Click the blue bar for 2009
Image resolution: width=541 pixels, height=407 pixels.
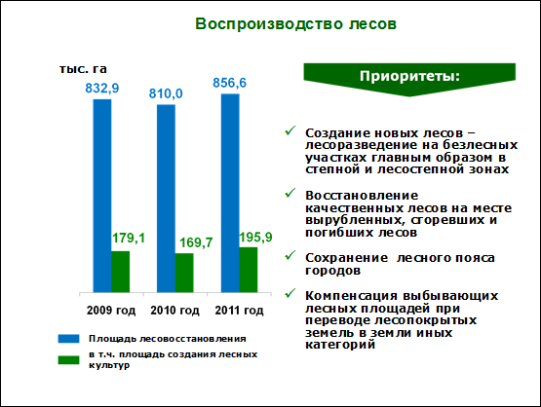(x=102, y=196)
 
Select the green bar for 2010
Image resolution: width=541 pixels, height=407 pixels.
(x=184, y=273)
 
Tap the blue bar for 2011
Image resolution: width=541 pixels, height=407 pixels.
(x=230, y=194)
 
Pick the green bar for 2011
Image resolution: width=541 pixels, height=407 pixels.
(x=249, y=270)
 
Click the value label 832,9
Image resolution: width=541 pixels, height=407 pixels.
(x=102, y=89)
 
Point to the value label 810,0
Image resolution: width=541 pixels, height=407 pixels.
(x=166, y=93)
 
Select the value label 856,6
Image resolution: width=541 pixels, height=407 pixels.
(x=230, y=83)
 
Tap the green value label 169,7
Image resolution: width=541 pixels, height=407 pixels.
(x=196, y=242)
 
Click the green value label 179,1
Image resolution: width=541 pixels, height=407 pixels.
(x=129, y=239)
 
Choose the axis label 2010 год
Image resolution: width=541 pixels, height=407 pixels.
(x=174, y=311)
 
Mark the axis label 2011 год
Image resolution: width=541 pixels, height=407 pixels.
(x=239, y=311)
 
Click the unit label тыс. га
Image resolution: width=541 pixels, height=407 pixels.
(x=83, y=69)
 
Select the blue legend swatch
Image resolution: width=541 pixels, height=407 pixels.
(x=68, y=339)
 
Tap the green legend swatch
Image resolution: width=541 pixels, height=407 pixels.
(x=68, y=360)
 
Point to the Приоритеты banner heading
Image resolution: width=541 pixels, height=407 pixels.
(x=409, y=76)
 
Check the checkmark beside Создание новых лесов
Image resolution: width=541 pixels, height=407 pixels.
(x=290, y=130)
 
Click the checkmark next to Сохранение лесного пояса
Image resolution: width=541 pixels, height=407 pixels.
(x=290, y=256)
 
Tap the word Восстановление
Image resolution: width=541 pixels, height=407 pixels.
(x=362, y=196)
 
